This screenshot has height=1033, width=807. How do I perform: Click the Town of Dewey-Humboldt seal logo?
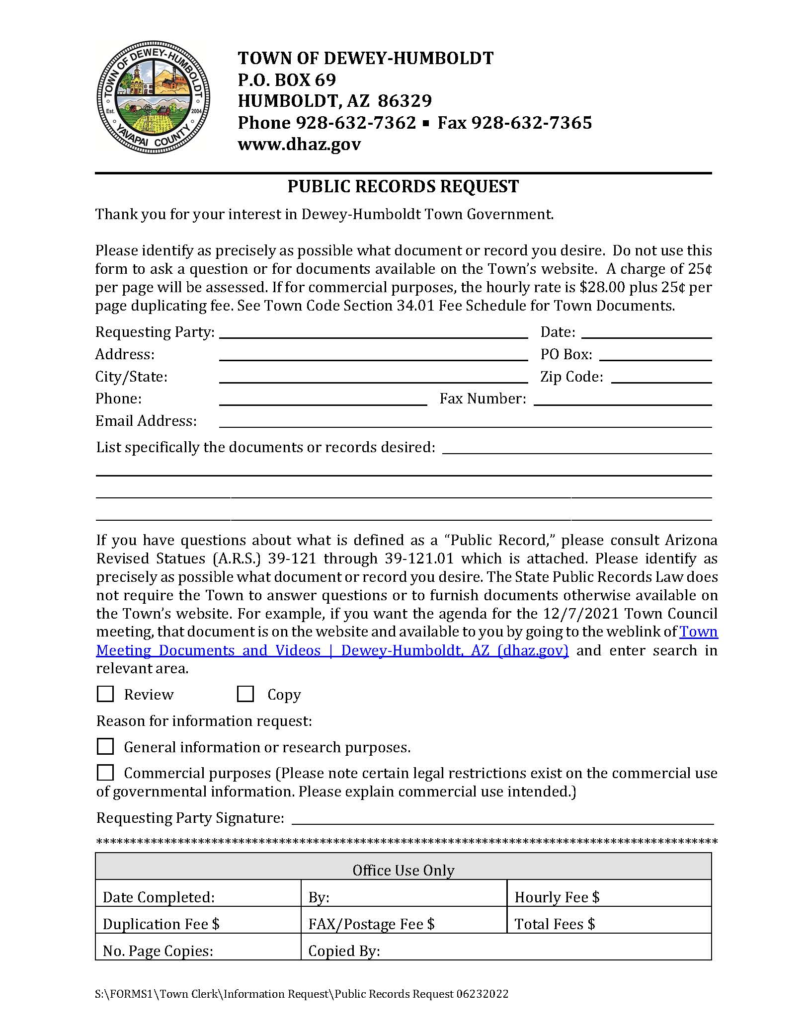click(153, 97)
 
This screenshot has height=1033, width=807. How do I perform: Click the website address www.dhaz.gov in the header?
click(299, 144)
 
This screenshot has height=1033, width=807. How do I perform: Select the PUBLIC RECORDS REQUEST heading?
click(403, 186)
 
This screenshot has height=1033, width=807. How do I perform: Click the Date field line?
click(646, 334)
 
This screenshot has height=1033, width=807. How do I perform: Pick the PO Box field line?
click(655, 356)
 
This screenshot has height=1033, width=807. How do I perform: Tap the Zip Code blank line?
click(661, 379)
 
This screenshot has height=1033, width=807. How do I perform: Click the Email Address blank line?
click(465, 423)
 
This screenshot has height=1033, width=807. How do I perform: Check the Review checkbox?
click(105, 694)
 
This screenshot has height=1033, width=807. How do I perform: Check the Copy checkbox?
click(245, 694)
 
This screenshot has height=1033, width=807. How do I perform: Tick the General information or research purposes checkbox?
click(105, 746)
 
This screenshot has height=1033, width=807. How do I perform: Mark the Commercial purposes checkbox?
click(105, 773)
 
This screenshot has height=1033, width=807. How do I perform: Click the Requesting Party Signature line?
click(502, 820)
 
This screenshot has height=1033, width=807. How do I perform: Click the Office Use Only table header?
click(403, 870)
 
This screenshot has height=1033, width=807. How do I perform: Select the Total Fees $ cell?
click(609, 924)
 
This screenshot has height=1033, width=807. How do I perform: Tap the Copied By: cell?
click(506, 951)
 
